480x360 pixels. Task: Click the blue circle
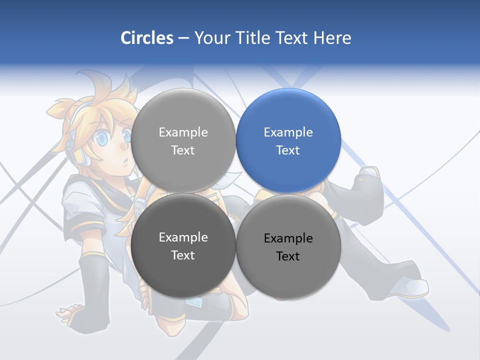288,140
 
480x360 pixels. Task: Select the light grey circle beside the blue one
183,140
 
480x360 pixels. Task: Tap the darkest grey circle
183,245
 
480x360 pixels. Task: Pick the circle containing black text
288,246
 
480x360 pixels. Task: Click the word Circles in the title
147,38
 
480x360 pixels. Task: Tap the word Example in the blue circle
288,132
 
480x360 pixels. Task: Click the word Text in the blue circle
288,150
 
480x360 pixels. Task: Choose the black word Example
288,238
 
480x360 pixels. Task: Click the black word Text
288,256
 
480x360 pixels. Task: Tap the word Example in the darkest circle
183,237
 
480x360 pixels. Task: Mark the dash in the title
183,38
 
